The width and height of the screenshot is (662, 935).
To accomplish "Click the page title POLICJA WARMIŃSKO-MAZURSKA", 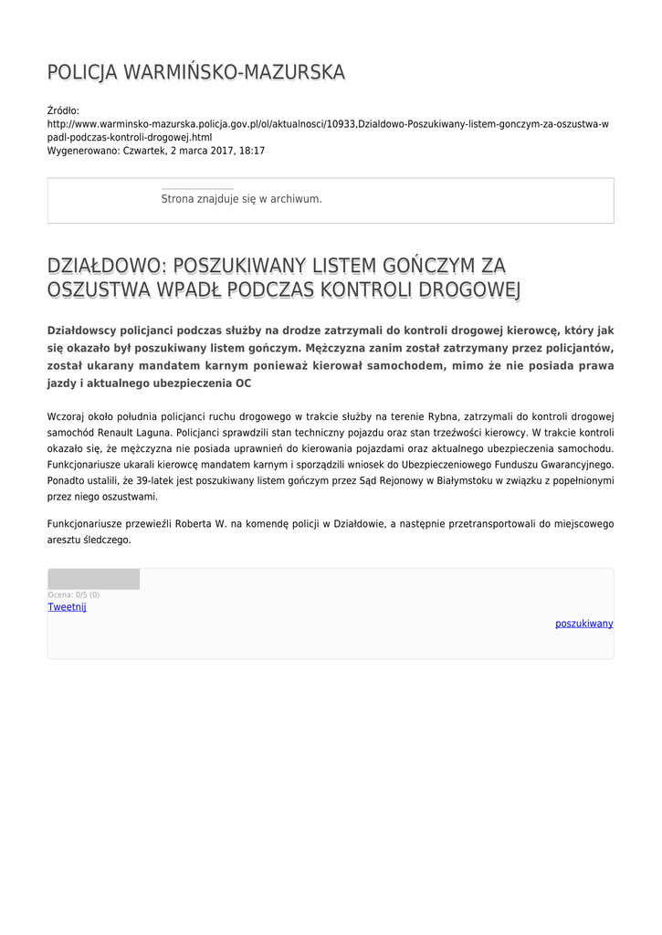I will pyautogui.click(x=196, y=72).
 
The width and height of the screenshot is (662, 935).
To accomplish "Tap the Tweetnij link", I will pyautogui.click(x=67, y=607).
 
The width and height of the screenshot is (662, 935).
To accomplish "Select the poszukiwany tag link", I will pyautogui.click(x=584, y=624).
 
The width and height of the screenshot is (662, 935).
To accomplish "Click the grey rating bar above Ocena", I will pyautogui.click(x=93, y=579).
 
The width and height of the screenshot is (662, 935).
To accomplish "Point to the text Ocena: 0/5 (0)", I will pyautogui.click(x=74, y=595).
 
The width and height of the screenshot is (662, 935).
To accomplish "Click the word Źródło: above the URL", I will pyautogui.click(x=63, y=110).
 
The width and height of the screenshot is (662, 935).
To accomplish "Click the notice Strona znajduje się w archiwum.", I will pyautogui.click(x=241, y=198).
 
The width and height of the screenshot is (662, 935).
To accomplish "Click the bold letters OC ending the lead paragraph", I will pyautogui.click(x=243, y=383).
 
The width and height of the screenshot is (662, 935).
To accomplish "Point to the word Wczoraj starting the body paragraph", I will pyautogui.click(x=66, y=416).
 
